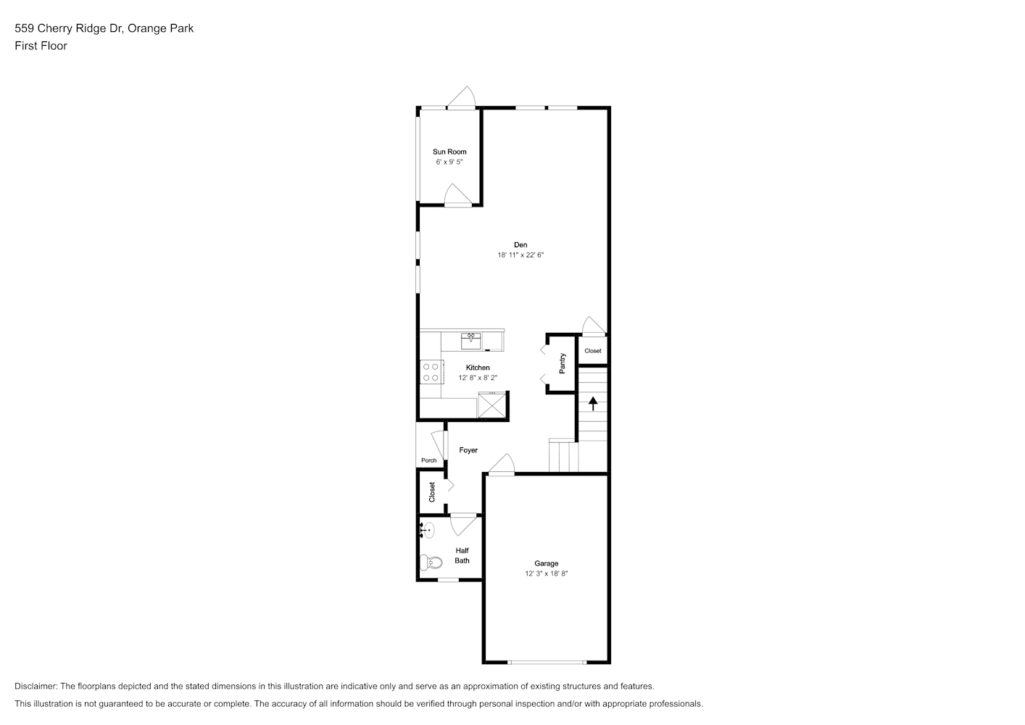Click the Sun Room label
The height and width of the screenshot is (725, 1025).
tap(449, 152)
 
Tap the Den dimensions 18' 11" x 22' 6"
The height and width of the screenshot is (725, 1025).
tap(520, 255)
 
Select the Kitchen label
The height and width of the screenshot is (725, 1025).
tap(478, 368)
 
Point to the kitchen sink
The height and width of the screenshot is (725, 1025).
tap(471, 341)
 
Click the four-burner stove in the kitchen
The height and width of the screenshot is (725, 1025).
tap(431, 372)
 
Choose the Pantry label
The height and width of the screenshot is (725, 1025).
tap(563, 363)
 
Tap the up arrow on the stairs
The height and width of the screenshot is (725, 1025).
tap(593, 403)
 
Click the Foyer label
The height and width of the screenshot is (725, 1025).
tap(468, 450)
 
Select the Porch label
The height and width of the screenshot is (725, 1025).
tap(428, 460)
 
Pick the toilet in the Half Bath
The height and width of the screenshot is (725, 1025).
tap(431, 562)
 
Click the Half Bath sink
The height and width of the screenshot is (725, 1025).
tap(427, 530)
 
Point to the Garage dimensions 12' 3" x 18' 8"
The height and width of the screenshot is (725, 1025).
tap(547, 573)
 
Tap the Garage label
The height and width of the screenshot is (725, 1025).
tap(547, 563)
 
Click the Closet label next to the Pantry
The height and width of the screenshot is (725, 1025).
tap(592, 351)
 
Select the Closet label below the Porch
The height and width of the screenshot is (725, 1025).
tap(432, 492)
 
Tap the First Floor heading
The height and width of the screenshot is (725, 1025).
tap(41, 46)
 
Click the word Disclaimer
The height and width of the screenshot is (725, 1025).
tap(36, 686)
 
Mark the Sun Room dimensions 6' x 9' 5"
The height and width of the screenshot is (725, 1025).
tap(449, 162)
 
